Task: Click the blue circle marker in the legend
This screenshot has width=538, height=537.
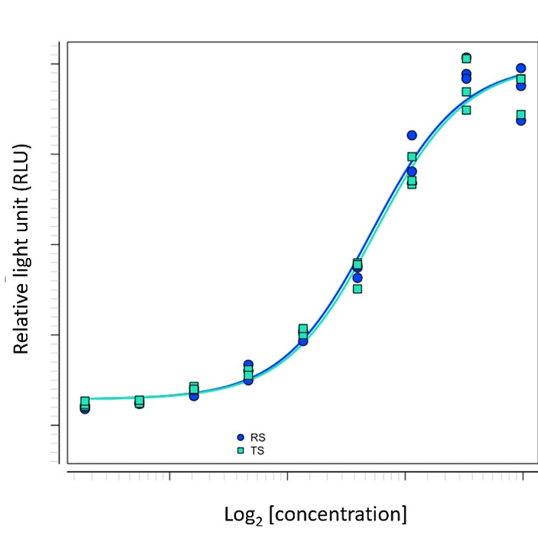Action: [x=240, y=437]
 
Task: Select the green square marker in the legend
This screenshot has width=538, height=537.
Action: [x=240, y=450]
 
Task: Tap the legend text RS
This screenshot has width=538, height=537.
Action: [x=257, y=437]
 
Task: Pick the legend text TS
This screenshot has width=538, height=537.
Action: [x=257, y=450]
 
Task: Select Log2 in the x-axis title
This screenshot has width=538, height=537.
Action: [x=244, y=515]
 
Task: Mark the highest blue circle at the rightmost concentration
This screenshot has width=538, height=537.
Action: [x=521, y=68]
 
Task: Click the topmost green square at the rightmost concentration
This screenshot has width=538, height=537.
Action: [x=521, y=80]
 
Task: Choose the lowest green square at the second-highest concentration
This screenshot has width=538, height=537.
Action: [x=466, y=110]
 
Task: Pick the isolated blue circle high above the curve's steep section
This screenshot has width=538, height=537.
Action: [x=412, y=135]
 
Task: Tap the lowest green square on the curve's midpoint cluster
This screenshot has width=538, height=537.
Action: [x=358, y=289]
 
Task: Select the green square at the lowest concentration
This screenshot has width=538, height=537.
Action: [x=85, y=402]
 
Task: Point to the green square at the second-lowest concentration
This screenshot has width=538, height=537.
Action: [x=139, y=401]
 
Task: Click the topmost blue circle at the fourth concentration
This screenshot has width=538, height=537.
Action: [x=248, y=365]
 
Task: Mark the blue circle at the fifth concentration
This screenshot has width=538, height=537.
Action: [x=303, y=342]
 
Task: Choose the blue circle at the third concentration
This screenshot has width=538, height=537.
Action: [x=194, y=396]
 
